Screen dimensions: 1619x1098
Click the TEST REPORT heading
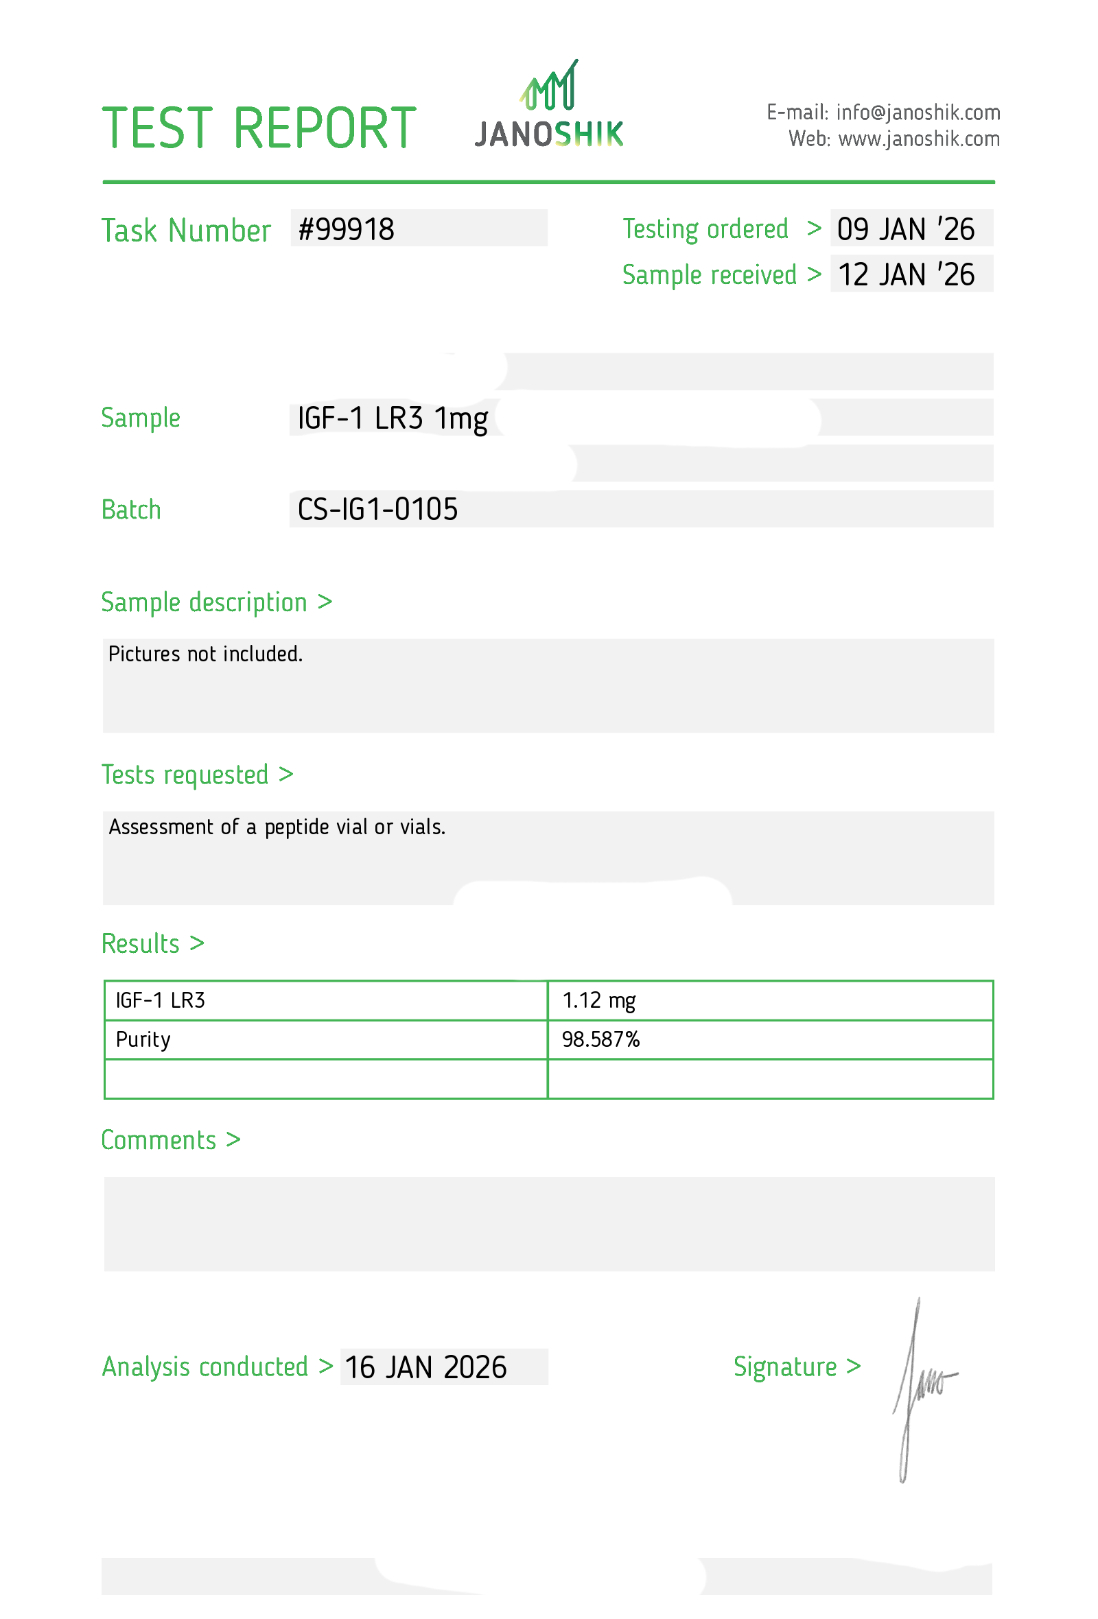pyautogui.click(x=259, y=128)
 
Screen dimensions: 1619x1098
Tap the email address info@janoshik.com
pyautogui.click(x=918, y=112)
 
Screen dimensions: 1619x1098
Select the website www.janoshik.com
pyautogui.click(x=918, y=139)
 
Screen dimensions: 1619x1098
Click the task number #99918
pyautogui.click(x=347, y=229)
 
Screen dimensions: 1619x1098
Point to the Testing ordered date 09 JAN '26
pyautogui.click(x=905, y=229)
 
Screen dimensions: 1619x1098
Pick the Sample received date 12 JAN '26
pyautogui.click(x=905, y=274)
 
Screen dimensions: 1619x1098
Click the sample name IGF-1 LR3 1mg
pyautogui.click(x=393, y=418)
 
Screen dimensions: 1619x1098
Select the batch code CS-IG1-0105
pyautogui.click(x=377, y=509)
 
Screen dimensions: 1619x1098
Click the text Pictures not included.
pyautogui.click(x=205, y=654)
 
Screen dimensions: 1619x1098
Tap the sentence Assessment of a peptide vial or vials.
pyautogui.click(x=277, y=827)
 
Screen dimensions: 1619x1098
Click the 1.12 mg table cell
pyautogui.click(x=598, y=1000)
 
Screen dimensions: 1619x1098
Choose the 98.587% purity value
pyautogui.click(x=600, y=1039)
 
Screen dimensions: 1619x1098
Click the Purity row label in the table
pyautogui.click(x=143, y=1039)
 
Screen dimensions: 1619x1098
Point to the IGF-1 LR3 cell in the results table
pyautogui.click(x=161, y=1000)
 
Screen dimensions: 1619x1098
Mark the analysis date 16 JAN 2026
pyautogui.click(x=425, y=1367)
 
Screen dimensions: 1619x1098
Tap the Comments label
pyautogui.click(x=170, y=1140)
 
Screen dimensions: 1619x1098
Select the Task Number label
pyautogui.click(x=185, y=231)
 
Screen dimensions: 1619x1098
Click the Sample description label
pyautogui.click(x=216, y=602)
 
